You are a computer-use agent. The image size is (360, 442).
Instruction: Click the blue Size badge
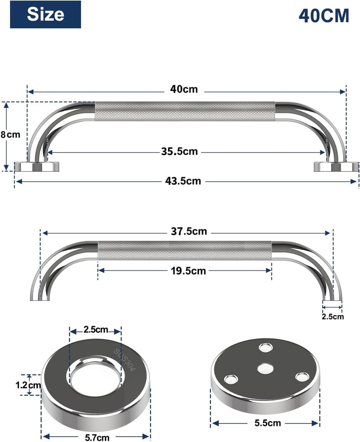coord(45,14)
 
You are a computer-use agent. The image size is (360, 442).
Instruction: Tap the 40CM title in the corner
coord(324,16)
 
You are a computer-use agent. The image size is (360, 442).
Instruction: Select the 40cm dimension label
coord(184,89)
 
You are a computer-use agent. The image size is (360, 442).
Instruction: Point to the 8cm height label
coord(10,135)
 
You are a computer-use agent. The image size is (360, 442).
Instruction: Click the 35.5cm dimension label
coord(180,152)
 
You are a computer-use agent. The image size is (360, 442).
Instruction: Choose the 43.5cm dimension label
coord(183,181)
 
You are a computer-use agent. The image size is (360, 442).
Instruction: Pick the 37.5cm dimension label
coord(189,232)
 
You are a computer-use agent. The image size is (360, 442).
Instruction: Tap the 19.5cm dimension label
coord(188,271)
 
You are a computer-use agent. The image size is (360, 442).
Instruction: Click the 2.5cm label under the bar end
coord(333,317)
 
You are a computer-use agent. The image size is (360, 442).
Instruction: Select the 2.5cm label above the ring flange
coord(96,330)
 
